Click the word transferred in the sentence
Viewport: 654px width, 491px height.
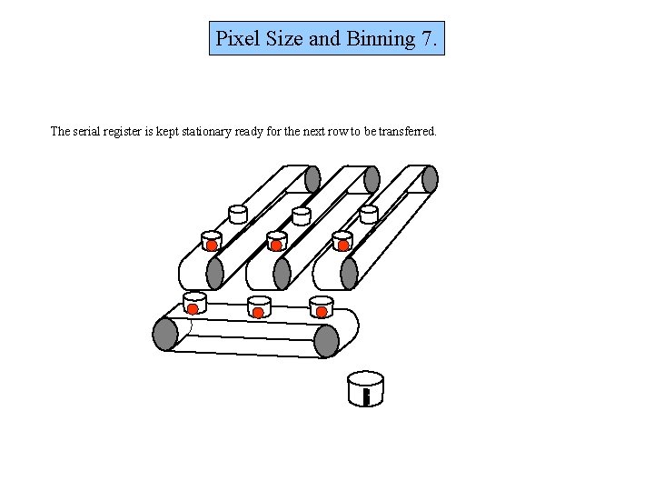point(406,131)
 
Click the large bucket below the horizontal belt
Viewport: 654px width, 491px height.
point(365,388)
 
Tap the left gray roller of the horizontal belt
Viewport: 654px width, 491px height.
point(164,334)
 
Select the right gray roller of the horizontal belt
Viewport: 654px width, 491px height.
point(326,340)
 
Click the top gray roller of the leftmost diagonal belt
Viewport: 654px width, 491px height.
point(312,179)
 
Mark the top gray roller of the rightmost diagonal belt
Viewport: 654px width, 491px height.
point(430,179)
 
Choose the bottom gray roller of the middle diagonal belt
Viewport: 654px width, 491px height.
point(282,273)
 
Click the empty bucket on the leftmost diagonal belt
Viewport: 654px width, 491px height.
point(238,214)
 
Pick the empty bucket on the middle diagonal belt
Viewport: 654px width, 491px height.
point(302,215)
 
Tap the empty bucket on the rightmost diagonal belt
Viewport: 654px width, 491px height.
point(369,214)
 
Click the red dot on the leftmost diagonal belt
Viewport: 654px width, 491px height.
point(211,245)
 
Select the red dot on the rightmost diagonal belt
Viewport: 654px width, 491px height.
point(343,245)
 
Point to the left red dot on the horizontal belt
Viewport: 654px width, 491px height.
point(193,309)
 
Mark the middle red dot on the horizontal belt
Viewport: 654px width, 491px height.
point(258,313)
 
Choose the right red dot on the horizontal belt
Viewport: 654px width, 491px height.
point(322,312)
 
